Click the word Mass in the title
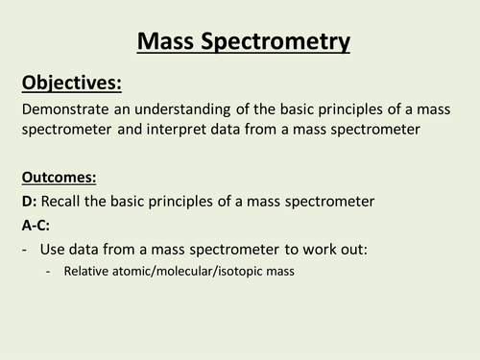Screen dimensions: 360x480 click(x=166, y=41)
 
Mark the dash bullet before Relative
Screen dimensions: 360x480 click(x=49, y=271)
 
